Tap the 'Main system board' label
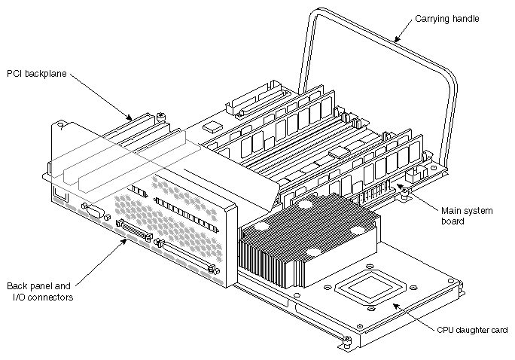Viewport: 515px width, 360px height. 466,216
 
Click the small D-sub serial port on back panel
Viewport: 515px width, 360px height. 93,212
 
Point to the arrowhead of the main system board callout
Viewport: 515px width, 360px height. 398,185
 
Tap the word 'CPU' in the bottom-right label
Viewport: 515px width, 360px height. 446,330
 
